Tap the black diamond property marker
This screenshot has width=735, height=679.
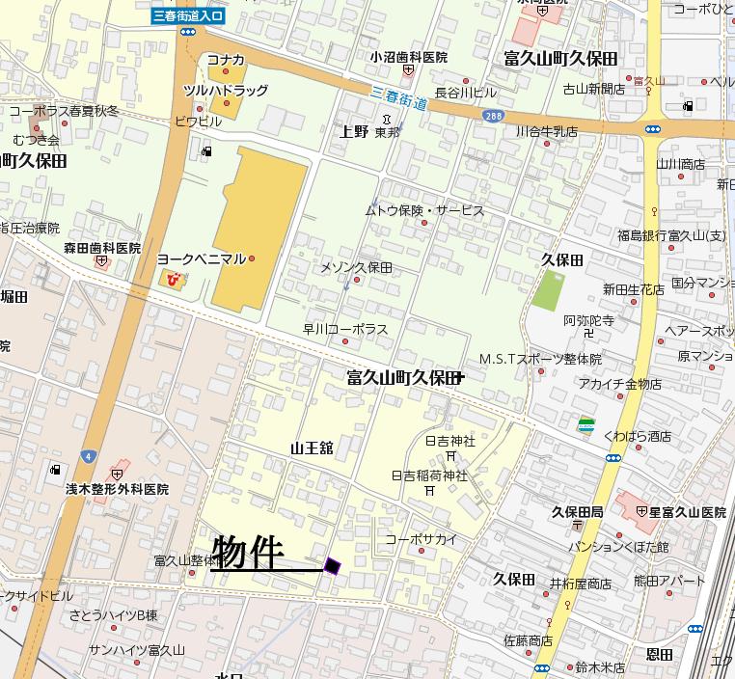(x=333, y=566)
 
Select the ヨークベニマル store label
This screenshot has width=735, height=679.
(x=202, y=258)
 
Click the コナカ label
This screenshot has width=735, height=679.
(x=226, y=60)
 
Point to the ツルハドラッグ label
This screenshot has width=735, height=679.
(x=226, y=90)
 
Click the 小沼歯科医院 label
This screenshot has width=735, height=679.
(x=409, y=57)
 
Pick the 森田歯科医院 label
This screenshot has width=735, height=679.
(x=102, y=248)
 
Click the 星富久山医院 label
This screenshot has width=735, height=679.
(x=679, y=511)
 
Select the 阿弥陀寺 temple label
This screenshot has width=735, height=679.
(x=588, y=320)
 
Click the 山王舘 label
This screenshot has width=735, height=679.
(x=311, y=448)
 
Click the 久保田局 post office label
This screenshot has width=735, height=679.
(x=577, y=511)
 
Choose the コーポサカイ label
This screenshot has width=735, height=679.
(x=422, y=539)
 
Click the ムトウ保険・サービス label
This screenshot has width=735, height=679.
(x=423, y=210)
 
